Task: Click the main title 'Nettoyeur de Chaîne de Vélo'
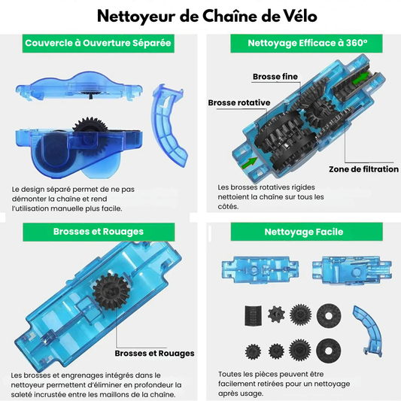coord(207,17)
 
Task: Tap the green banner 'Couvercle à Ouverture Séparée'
coord(99,43)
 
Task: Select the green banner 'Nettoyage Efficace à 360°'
coord(306,43)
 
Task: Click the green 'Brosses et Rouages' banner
coord(99,232)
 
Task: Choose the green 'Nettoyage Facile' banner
coord(307,232)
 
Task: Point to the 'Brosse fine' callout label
coord(275,77)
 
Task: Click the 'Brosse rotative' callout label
coord(239,102)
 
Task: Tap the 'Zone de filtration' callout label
coord(363,169)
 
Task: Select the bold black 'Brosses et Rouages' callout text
coord(154,353)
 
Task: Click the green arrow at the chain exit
coord(360,77)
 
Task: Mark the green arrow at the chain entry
coord(249,163)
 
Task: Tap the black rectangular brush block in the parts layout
coord(253,315)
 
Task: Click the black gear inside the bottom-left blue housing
coord(111,292)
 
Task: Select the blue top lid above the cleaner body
coord(79,87)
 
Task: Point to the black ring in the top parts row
coord(329,315)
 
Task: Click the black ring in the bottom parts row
coord(328,351)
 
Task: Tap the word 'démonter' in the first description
coord(29,199)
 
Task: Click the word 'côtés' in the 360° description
coord(228,206)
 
